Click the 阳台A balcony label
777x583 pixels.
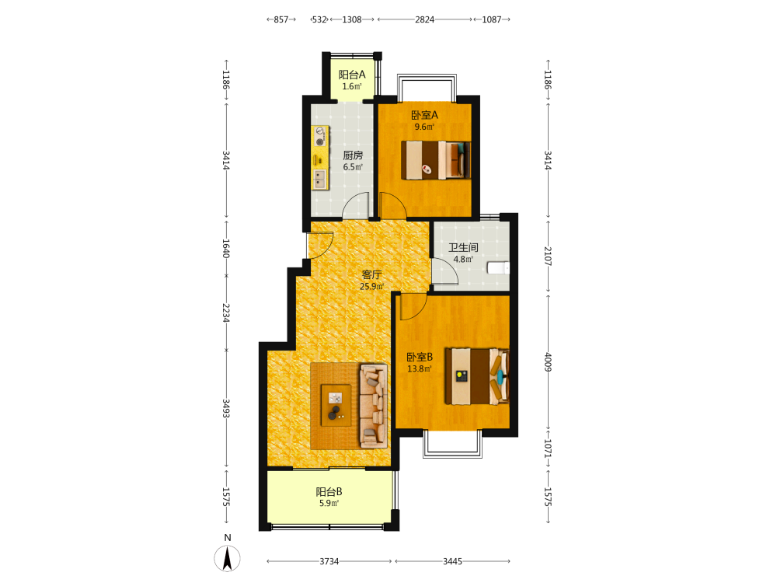352,75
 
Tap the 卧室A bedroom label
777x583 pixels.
425,115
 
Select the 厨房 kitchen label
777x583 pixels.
353,155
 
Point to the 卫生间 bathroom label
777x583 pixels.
463,247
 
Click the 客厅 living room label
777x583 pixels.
371,274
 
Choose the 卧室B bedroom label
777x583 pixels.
420,357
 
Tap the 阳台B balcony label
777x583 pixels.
329,492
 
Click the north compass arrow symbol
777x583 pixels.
228,558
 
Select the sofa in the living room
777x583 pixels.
374,407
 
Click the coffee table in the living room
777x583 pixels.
336,405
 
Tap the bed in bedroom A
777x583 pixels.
436,159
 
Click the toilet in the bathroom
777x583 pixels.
499,267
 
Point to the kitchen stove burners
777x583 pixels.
320,136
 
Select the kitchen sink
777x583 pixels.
319,179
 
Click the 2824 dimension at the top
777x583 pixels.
425,19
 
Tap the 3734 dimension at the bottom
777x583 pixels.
329,561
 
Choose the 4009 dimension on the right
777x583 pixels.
548,362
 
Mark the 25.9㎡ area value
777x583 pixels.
371,286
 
